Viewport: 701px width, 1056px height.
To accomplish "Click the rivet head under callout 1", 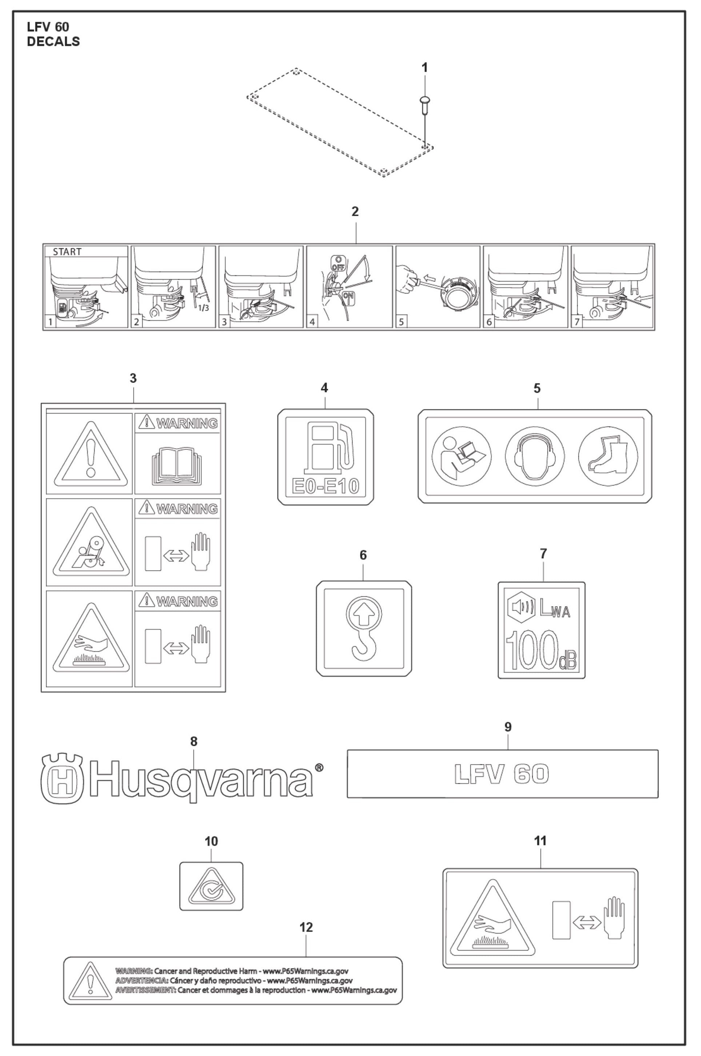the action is coord(425,99).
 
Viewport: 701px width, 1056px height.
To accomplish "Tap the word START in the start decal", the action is coord(67,252).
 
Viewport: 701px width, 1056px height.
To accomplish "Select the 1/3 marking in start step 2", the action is coord(203,308).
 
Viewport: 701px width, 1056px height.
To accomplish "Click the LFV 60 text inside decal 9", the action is coord(501,774).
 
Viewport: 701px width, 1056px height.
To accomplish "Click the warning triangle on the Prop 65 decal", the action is coord(89,980).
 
